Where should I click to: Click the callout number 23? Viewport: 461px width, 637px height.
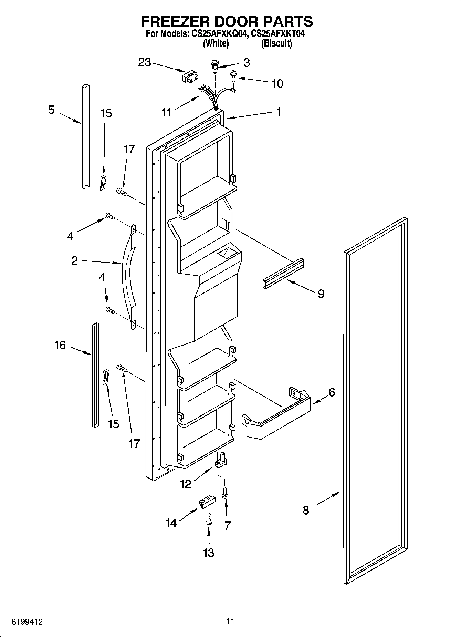[x=145, y=62]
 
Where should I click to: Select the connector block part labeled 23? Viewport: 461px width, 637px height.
[x=189, y=76]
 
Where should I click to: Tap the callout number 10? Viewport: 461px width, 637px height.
[x=277, y=83]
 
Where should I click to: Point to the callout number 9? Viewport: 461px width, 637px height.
[x=321, y=294]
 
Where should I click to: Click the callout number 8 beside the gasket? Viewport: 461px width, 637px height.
[x=306, y=510]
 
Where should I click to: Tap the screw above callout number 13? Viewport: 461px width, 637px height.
[x=208, y=518]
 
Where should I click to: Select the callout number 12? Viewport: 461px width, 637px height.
[x=186, y=484]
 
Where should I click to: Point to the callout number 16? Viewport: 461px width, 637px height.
[x=60, y=345]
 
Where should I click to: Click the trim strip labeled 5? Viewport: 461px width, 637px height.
[x=85, y=136]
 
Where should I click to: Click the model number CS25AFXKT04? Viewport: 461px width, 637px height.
[x=278, y=34]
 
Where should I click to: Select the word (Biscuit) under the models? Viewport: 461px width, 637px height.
[x=276, y=44]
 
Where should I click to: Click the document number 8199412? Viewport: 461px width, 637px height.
[x=27, y=622]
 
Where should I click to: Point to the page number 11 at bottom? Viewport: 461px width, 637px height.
[x=230, y=621]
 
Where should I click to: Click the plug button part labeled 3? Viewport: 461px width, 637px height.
[x=215, y=65]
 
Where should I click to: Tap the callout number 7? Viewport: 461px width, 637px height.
[x=227, y=525]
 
